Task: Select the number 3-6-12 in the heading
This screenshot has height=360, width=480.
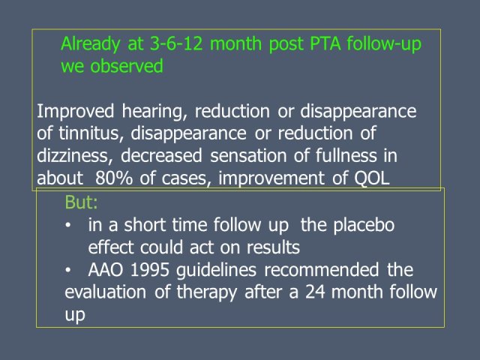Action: (176, 43)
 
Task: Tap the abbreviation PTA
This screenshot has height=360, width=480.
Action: (325, 43)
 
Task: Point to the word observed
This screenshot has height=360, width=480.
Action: (127, 66)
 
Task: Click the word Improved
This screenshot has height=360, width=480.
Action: (75, 112)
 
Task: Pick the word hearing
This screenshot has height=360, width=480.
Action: (154, 112)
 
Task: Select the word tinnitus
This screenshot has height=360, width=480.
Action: (91, 133)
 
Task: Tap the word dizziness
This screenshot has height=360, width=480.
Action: (73, 156)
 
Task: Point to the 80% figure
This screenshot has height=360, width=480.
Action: (113, 178)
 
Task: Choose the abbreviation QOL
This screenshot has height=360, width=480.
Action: (372, 178)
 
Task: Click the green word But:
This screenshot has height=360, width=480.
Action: (82, 202)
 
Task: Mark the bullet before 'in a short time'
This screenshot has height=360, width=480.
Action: (68, 225)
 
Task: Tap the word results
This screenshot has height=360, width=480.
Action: (273, 247)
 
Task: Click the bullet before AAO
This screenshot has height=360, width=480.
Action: (68, 270)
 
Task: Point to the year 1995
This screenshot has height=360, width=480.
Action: (150, 270)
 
